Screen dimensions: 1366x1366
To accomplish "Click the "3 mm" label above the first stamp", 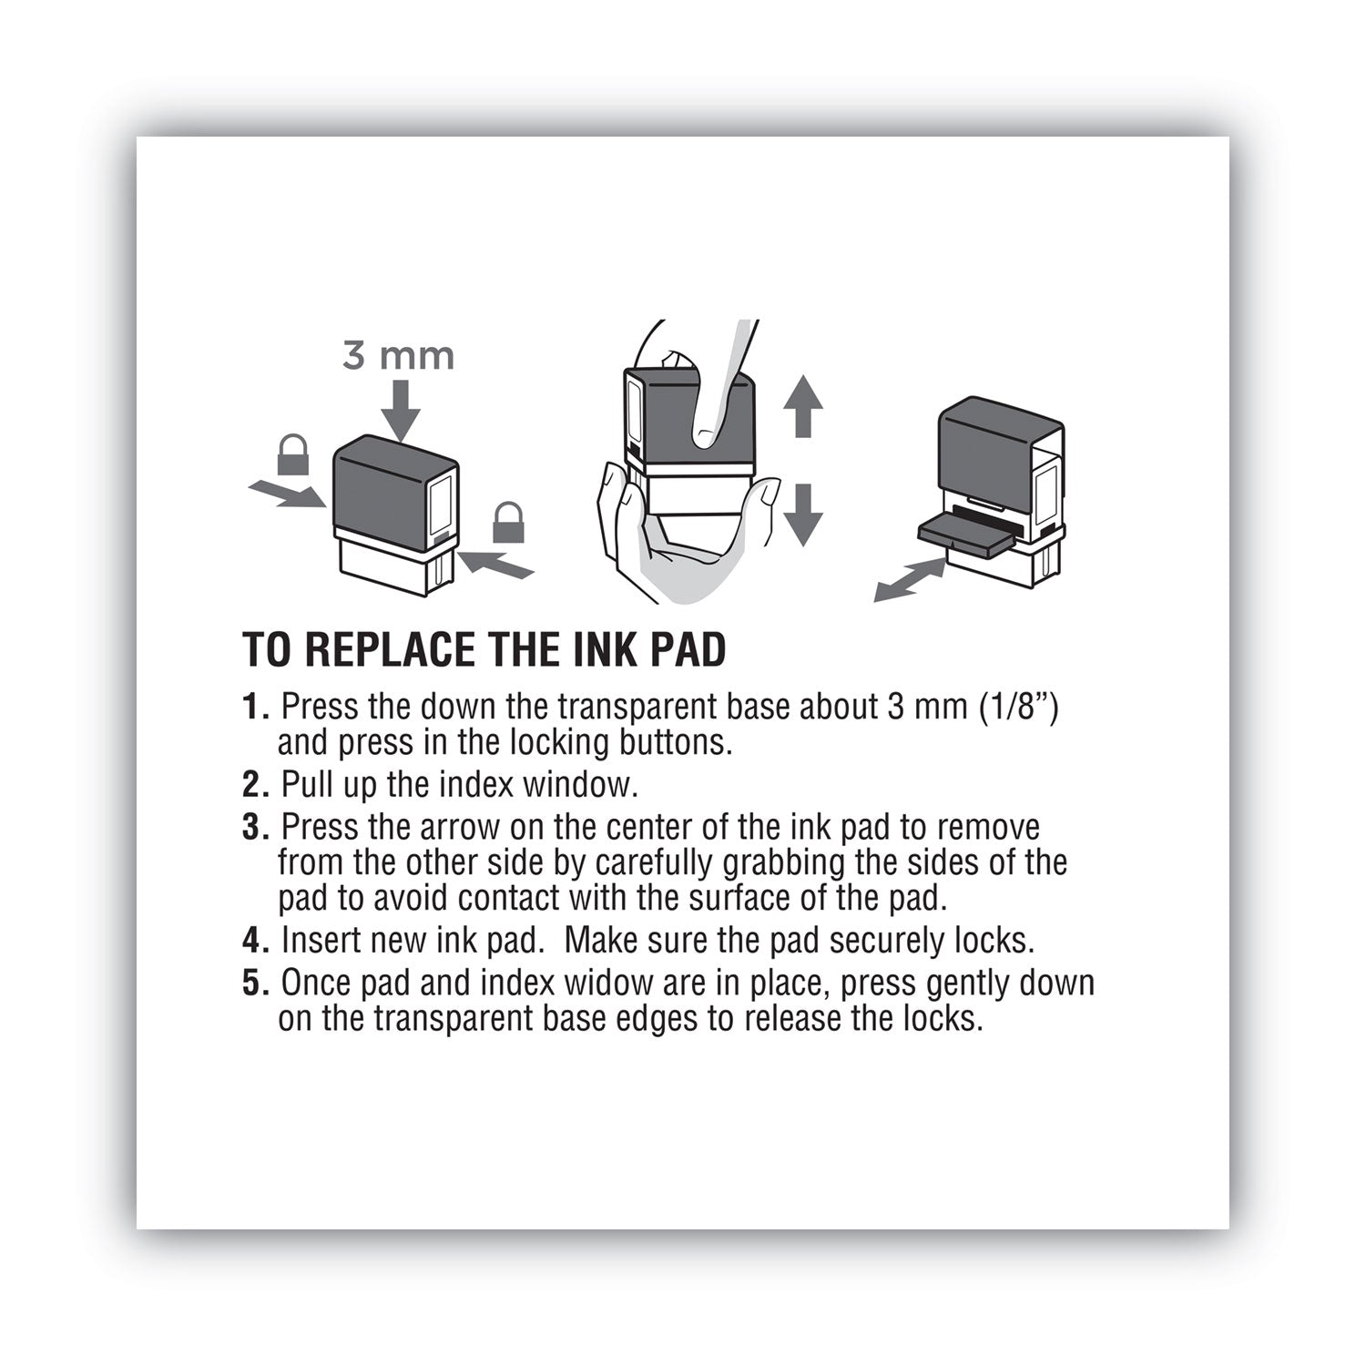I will [x=398, y=355].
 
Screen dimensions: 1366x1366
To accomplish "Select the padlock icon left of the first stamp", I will [x=294, y=454].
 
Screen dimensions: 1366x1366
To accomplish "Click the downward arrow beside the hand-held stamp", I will [x=802, y=515].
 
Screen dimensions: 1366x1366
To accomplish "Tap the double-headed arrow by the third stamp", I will [x=908, y=581].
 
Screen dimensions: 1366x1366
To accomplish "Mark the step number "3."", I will [x=257, y=829].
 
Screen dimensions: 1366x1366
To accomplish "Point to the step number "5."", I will [x=257, y=984].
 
